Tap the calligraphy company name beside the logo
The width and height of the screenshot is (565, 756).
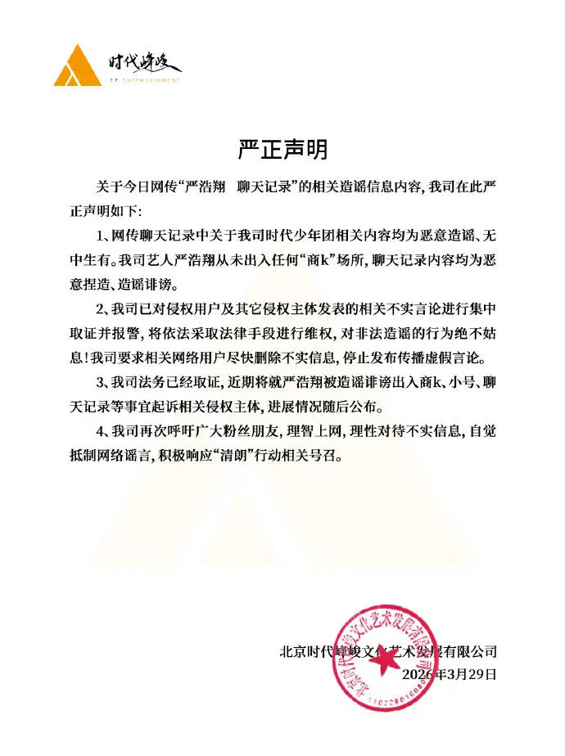click(145, 62)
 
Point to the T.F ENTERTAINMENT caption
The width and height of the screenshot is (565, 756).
click(144, 81)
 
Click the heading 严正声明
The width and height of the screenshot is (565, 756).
click(282, 150)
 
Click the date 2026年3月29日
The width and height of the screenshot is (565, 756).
click(450, 674)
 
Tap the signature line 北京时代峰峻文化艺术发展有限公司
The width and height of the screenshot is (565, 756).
click(388, 652)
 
